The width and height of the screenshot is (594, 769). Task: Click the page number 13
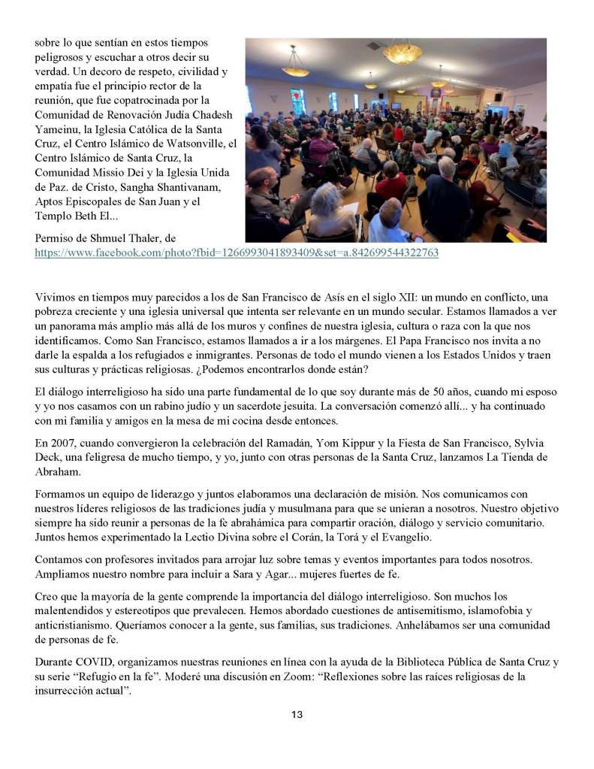297,714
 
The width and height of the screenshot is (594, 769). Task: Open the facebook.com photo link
237,253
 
